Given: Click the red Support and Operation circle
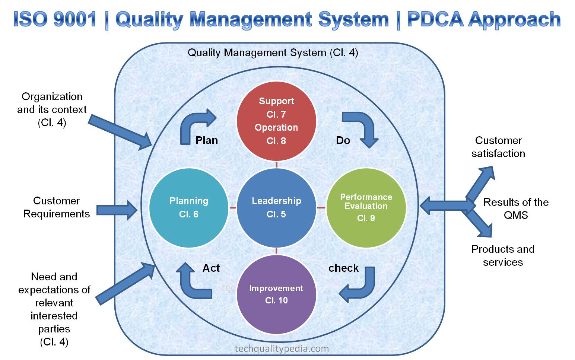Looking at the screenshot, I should coord(276,121).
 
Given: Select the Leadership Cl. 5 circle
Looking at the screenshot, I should coord(276,207).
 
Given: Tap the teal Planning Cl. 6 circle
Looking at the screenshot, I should coord(189,207).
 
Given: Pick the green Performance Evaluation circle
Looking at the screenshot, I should coord(366,207).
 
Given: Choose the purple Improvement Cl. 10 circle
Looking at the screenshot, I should coord(276,294).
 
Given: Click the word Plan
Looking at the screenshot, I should coord(207,140).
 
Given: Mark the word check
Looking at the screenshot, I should coord(343,268).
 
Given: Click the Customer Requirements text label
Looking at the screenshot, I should coord(57,207).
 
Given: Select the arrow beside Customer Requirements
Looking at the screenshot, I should coord(117,210).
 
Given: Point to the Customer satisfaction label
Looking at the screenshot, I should coord(498,147).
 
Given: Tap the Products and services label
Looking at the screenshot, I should coord(503,255).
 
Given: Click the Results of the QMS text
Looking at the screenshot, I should coord(516,208).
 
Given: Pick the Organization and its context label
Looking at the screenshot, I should coord(52,109).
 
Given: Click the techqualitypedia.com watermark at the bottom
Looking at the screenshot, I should coord(282,349).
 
